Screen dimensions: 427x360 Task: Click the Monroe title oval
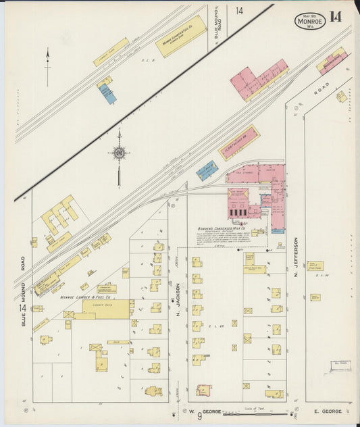310,21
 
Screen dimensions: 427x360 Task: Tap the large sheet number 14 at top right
336,18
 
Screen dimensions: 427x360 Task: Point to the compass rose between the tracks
119,153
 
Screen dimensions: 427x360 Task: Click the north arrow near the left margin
47,66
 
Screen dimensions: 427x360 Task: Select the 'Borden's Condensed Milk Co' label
224,228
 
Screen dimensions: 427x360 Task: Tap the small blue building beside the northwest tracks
108,94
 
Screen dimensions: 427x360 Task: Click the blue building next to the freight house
207,170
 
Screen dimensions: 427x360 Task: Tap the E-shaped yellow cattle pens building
59,216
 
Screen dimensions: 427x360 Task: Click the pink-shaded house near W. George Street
203,390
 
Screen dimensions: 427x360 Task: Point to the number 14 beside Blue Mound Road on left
22,308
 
